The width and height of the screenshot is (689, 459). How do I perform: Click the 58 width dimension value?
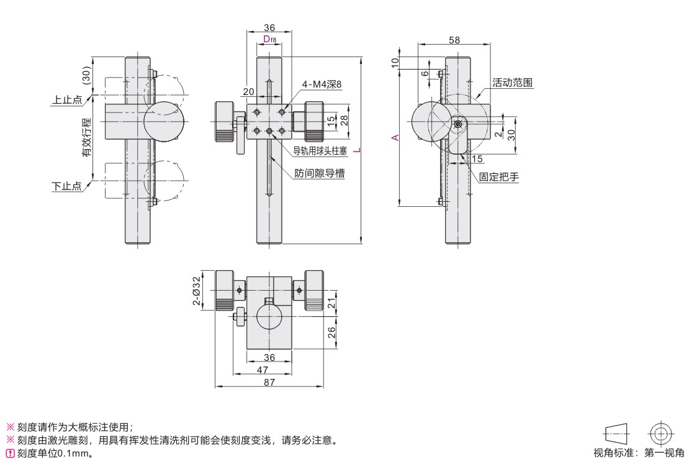tap(454, 40)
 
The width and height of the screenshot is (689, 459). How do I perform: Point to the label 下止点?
tap(68, 186)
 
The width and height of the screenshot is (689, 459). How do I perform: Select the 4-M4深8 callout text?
tap(322, 84)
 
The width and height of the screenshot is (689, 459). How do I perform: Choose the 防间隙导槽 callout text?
tap(320, 174)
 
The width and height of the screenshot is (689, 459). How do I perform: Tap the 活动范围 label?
tap(513, 82)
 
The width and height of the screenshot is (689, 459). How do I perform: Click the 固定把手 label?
tap(498, 177)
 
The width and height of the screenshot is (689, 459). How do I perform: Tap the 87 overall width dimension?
tap(269, 382)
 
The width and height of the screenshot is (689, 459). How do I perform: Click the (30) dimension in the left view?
tap(86, 76)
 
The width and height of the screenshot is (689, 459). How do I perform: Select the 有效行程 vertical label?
tap(86, 140)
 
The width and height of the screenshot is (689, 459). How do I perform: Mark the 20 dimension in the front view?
tap(249, 91)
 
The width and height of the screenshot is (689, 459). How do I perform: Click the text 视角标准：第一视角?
tap(639, 452)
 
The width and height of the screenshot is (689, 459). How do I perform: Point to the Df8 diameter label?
tap(269, 40)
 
